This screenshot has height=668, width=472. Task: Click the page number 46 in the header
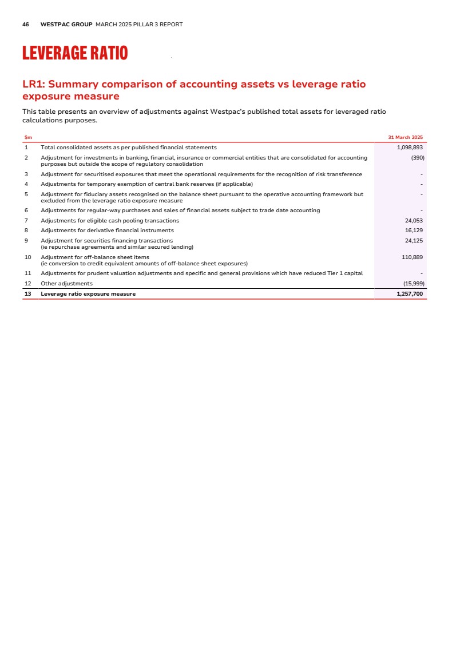pos(26,25)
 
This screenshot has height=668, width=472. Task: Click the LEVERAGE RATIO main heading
pos(75,53)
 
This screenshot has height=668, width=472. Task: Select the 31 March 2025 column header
pos(405,137)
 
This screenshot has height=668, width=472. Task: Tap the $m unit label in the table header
pos(28,137)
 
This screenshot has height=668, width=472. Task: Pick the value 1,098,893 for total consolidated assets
pos(410,148)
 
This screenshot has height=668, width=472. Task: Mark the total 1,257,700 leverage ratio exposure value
pos(410,294)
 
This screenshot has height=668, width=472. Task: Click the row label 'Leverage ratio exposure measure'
pos(88,294)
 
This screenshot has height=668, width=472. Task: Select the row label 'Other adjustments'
pos(66,284)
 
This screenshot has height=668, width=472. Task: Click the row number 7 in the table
pos(26,221)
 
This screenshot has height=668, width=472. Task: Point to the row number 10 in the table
pos(27,257)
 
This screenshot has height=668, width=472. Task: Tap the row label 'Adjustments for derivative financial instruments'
pos(107,230)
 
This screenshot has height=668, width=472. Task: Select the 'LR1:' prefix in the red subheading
pos(35,85)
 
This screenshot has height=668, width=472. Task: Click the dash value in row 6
pos(421,211)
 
